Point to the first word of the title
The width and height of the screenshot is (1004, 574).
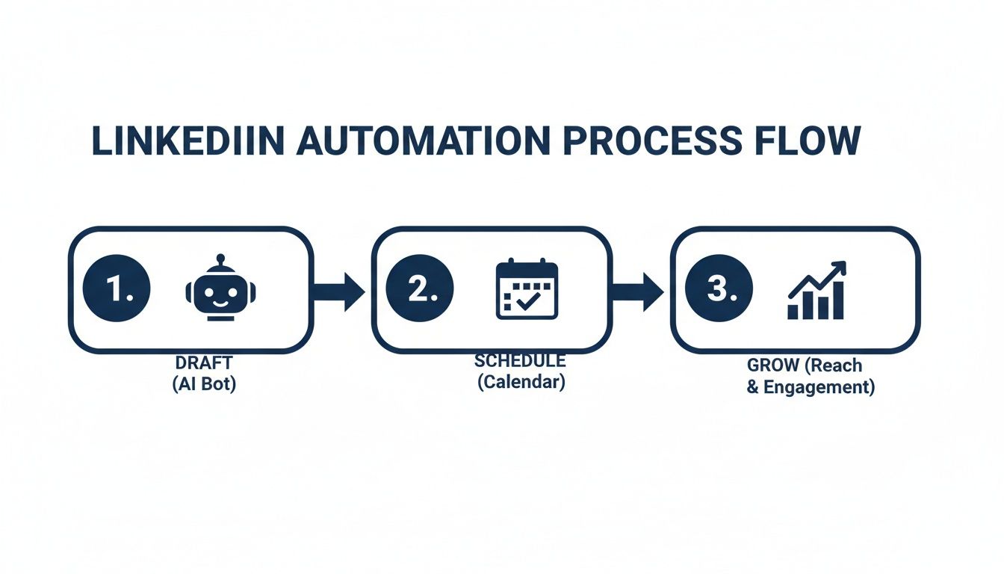[x=188, y=142]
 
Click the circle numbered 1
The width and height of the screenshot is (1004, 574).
[x=117, y=288]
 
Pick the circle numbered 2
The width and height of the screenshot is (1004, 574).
[x=420, y=288]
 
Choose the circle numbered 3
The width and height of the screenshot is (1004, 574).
[x=719, y=288]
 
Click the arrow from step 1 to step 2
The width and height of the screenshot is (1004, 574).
[x=338, y=290]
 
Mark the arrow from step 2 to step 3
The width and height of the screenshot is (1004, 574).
[x=638, y=290]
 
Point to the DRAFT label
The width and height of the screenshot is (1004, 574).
[x=204, y=362]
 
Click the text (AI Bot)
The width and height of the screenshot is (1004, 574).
[x=204, y=386]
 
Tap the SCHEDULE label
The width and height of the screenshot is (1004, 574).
[x=520, y=360]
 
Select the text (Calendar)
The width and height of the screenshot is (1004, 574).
[x=521, y=382]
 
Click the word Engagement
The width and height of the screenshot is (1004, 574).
[x=819, y=388]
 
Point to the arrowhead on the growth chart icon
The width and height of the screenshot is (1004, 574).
[x=840, y=267]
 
